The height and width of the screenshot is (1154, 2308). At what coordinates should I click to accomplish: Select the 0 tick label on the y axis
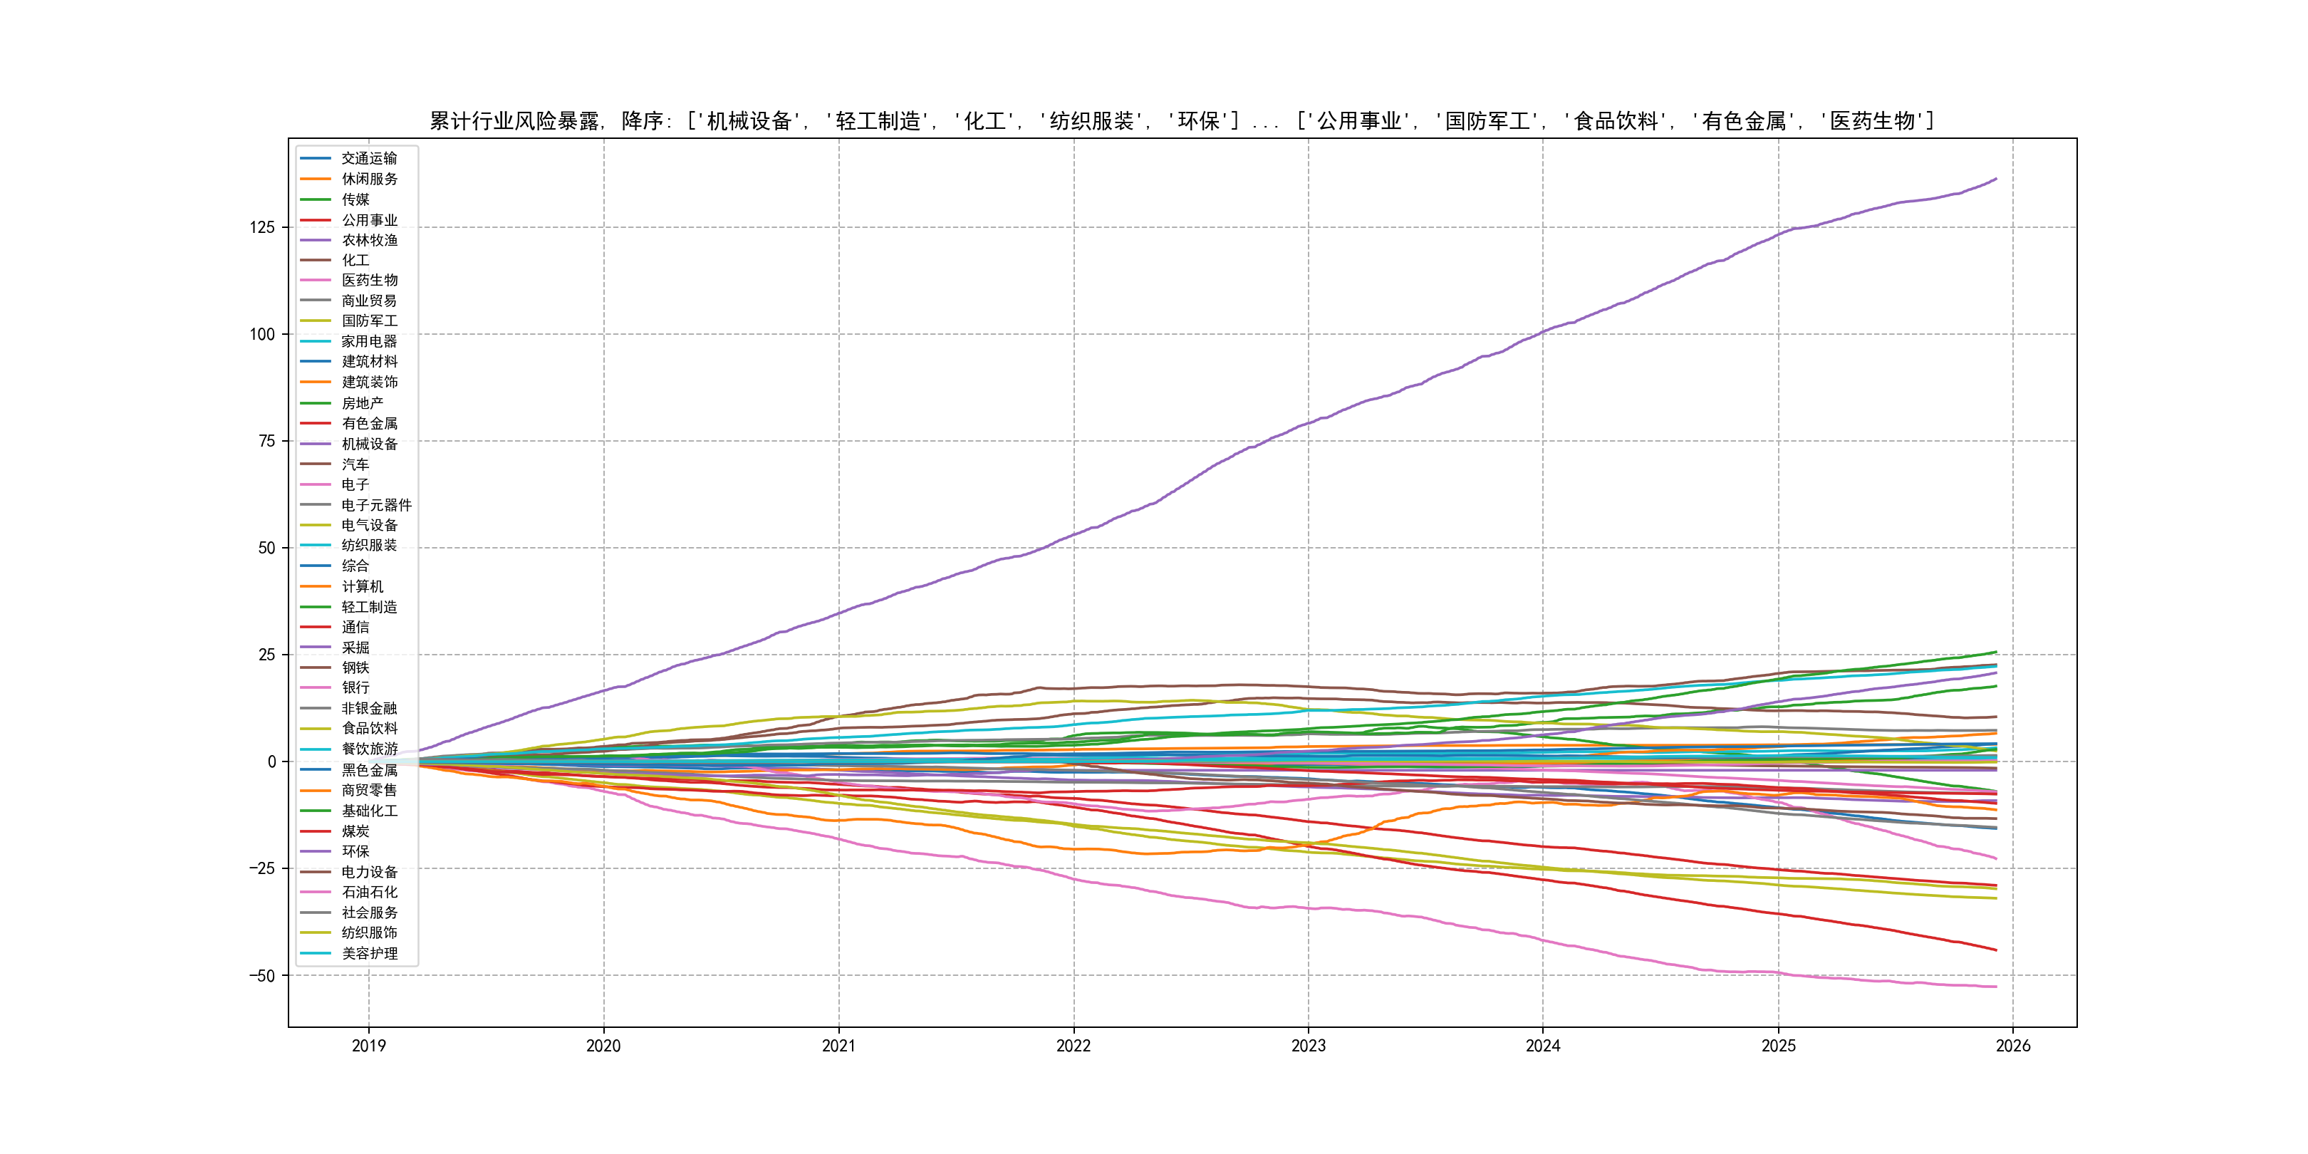pyautogui.click(x=271, y=761)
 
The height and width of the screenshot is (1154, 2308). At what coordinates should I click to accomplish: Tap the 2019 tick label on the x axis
pyautogui.click(x=368, y=1046)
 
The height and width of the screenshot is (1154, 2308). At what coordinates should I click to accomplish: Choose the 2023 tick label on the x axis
pyautogui.click(x=1308, y=1046)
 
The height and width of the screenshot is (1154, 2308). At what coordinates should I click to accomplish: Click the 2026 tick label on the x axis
pyautogui.click(x=2013, y=1046)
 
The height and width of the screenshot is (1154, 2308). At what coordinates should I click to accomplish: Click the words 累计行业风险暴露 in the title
pyautogui.click(x=514, y=121)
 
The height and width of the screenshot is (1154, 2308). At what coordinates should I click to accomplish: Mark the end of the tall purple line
pyautogui.click(x=1995, y=180)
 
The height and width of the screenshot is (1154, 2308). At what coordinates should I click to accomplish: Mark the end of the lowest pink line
pyautogui.click(x=1995, y=987)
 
